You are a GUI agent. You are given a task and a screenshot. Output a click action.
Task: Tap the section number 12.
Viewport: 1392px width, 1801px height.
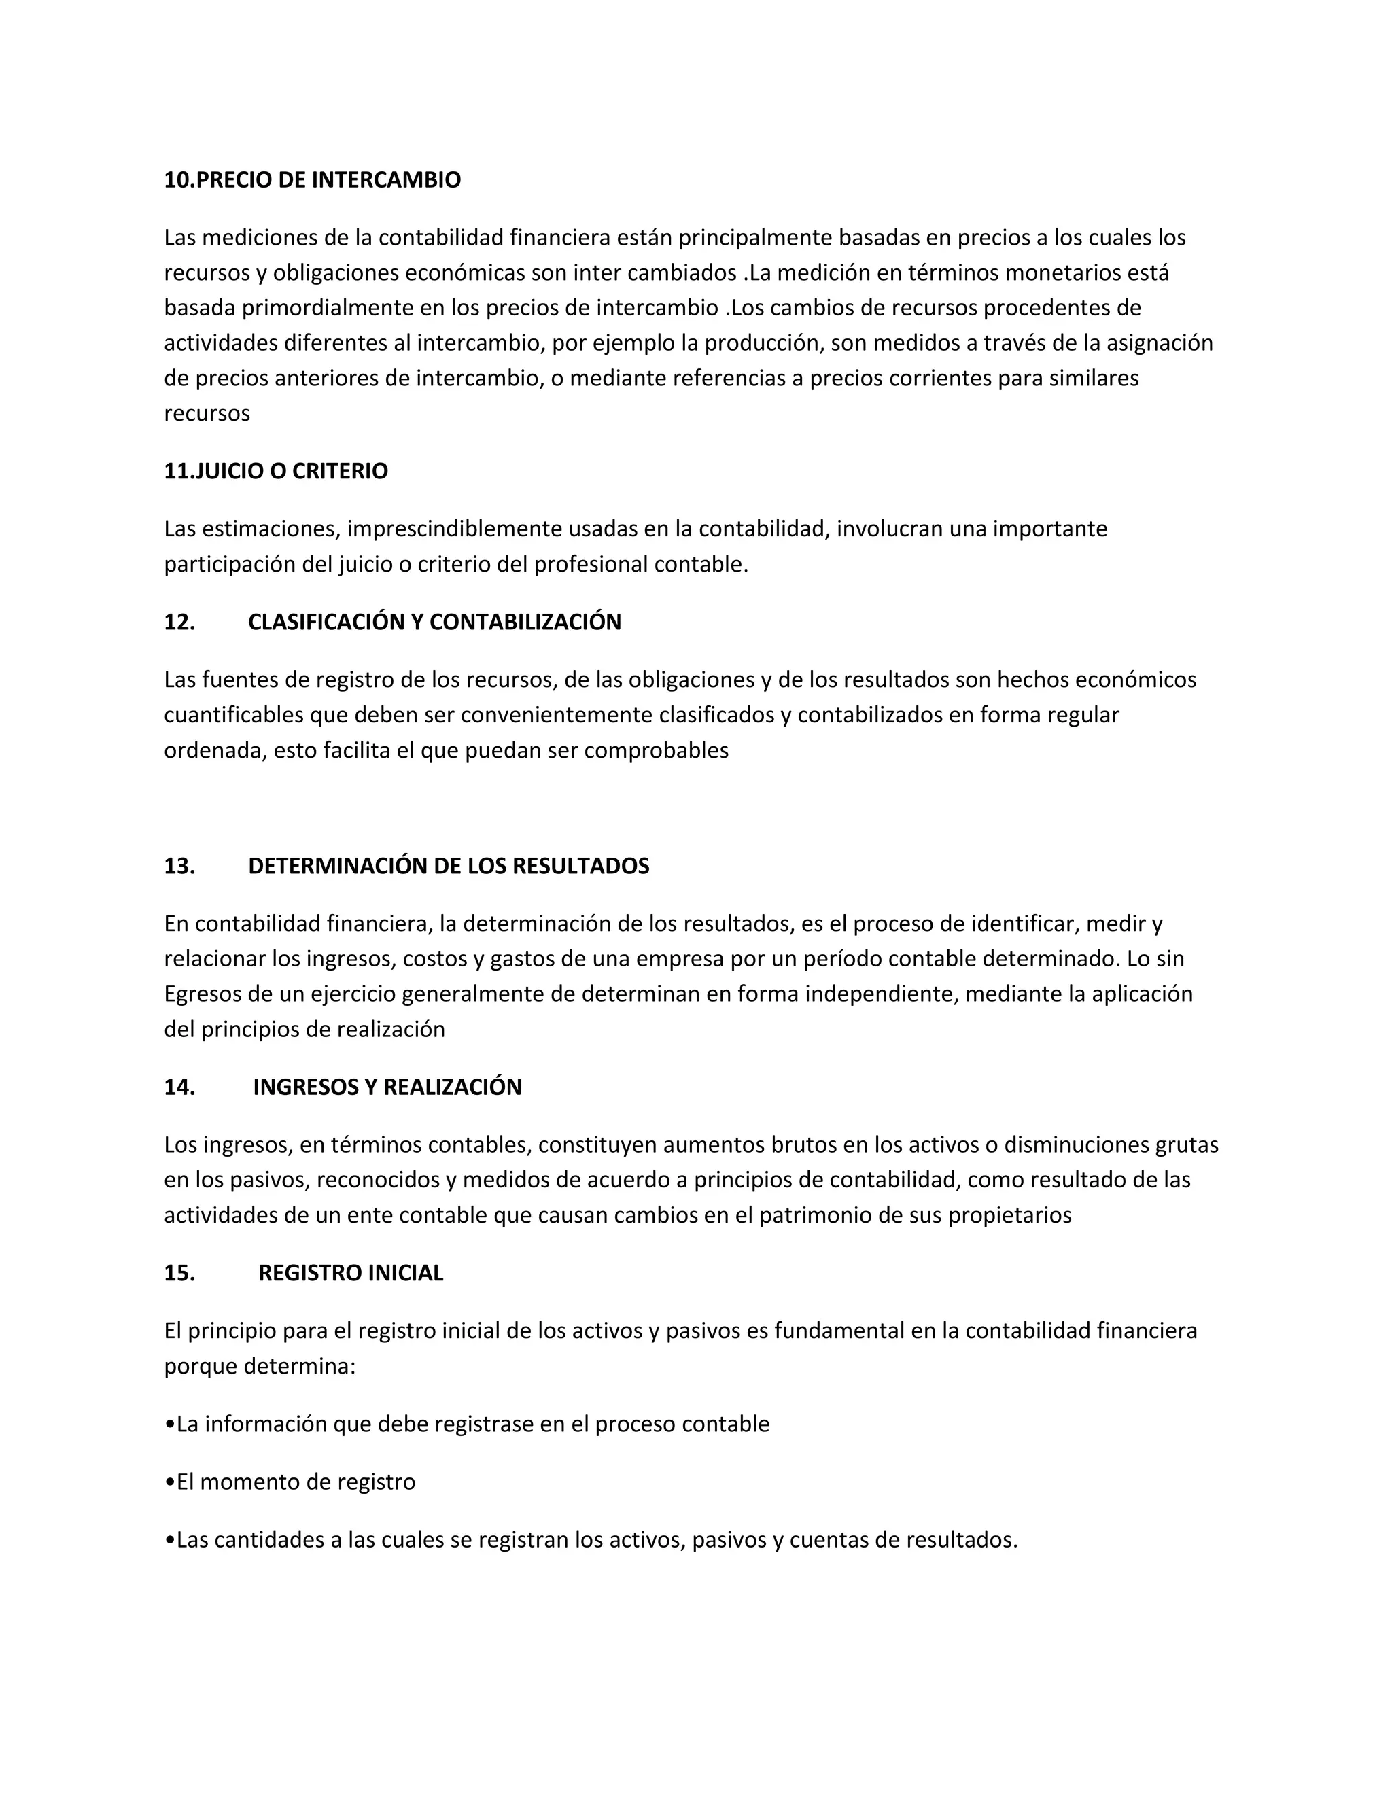pos(179,622)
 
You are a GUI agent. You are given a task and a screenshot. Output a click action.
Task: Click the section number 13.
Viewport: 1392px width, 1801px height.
pos(179,866)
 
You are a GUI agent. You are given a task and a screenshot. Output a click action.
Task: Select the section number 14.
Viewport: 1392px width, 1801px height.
pos(179,1087)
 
